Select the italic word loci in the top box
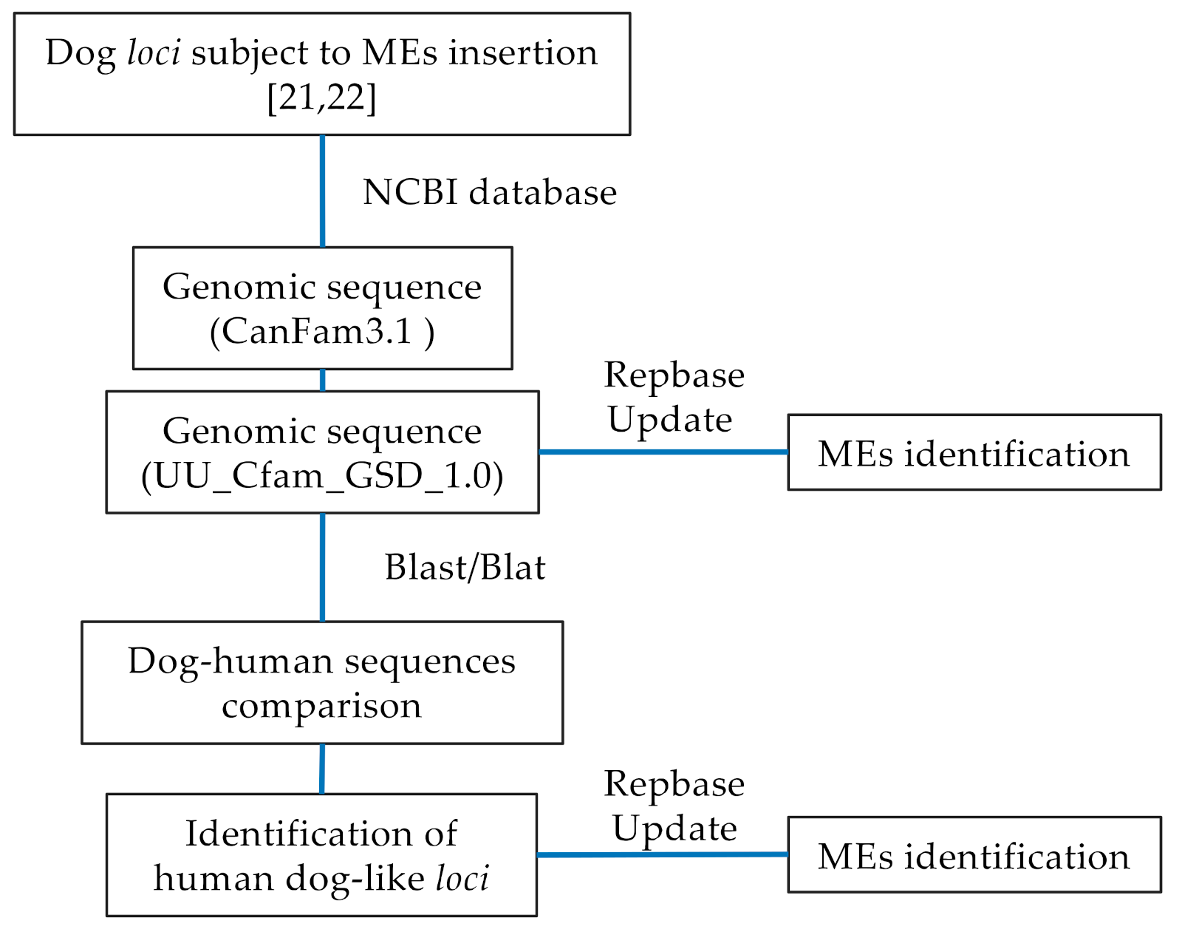154,52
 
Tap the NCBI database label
489,192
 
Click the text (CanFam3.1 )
322,331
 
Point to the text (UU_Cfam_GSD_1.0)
322,476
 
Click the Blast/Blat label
465,568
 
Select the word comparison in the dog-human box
321,706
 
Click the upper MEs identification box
974,453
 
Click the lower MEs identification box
974,856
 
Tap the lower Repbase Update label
674,806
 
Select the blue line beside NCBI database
322,191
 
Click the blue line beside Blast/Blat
322,567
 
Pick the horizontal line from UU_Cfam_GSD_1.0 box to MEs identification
663,452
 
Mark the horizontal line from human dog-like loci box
661,855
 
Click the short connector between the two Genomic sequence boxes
322,380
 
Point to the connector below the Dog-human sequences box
321,769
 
